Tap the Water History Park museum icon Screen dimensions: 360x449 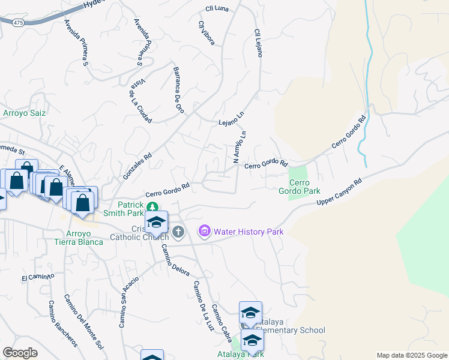(205, 231)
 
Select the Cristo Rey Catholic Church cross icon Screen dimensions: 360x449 (178, 232)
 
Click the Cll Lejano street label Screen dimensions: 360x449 (258, 43)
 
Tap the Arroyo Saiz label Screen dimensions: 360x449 (25, 112)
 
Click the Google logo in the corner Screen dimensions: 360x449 (20, 353)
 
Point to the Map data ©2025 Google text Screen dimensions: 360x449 (412, 355)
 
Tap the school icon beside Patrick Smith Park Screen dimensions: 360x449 (156, 222)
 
